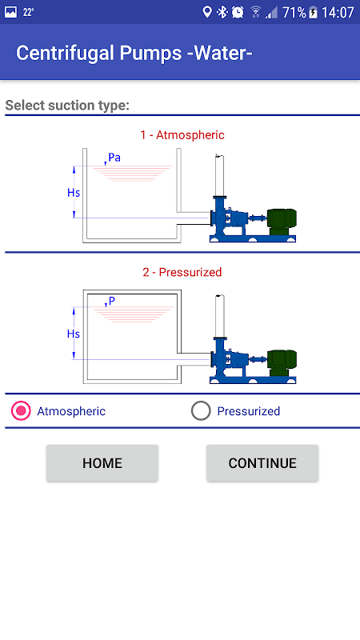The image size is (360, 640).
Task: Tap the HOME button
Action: click(102, 463)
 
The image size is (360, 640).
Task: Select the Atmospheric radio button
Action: click(22, 410)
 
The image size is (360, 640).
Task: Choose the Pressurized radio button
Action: click(201, 410)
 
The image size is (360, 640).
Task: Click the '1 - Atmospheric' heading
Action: click(182, 134)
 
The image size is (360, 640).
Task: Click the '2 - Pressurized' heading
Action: click(182, 272)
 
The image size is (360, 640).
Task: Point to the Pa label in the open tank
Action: click(114, 158)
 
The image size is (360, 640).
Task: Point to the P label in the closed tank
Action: click(112, 301)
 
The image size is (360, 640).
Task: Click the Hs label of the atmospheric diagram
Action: click(74, 192)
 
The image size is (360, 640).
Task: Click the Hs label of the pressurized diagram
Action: click(74, 334)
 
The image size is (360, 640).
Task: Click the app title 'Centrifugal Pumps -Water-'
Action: click(134, 53)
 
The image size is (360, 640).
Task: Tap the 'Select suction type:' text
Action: click(67, 106)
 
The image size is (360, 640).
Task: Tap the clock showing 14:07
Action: click(338, 13)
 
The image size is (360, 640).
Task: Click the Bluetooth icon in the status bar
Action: click(222, 12)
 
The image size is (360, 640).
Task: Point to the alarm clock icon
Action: click(238, 12)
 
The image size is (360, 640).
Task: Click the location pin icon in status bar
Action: click(207, 12)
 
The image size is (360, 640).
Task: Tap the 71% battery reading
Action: click(294, 13)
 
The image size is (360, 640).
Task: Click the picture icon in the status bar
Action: click(10, 12)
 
